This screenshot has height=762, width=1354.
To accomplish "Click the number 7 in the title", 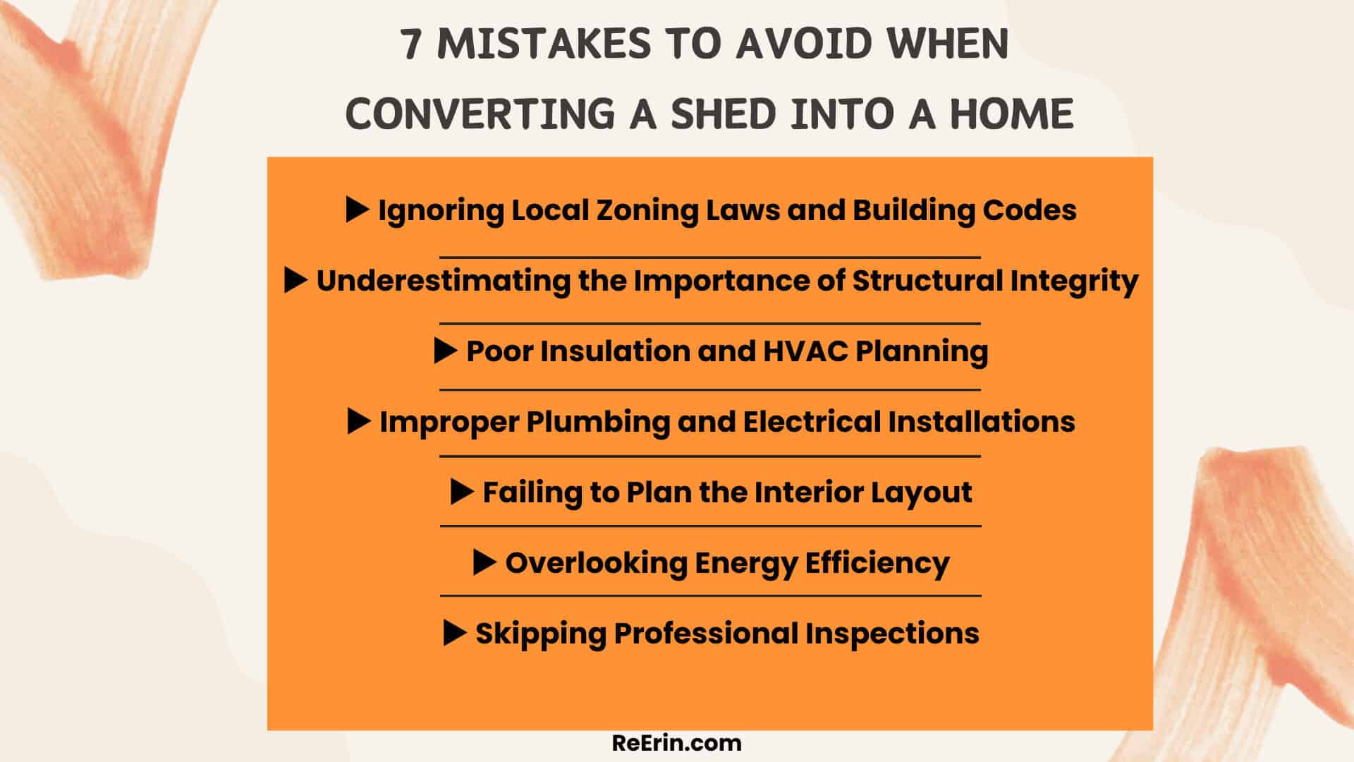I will pyautogui.click(x=413, y=44).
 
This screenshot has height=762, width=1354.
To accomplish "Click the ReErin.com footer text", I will pyautogui.click(x=677, y=743).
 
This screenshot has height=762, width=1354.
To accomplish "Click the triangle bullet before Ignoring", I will pyautogui.click(x=357, y=210).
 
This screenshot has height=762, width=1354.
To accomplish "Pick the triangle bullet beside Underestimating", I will pyautogui.click(x=295, y=280).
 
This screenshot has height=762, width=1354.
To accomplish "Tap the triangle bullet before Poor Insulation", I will pyautogui.click(x=445, y=351).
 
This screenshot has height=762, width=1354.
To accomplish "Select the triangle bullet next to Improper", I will pyautogui.click(x=358, y=421).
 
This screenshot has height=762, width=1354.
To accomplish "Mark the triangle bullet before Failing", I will pyautogui.click(x=461, y=492).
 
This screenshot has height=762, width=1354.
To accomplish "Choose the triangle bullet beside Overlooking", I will pyautogui.click(x=484, y=562).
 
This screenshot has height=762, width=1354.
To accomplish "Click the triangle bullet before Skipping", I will pyautogui.click(x=454, y=633).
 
